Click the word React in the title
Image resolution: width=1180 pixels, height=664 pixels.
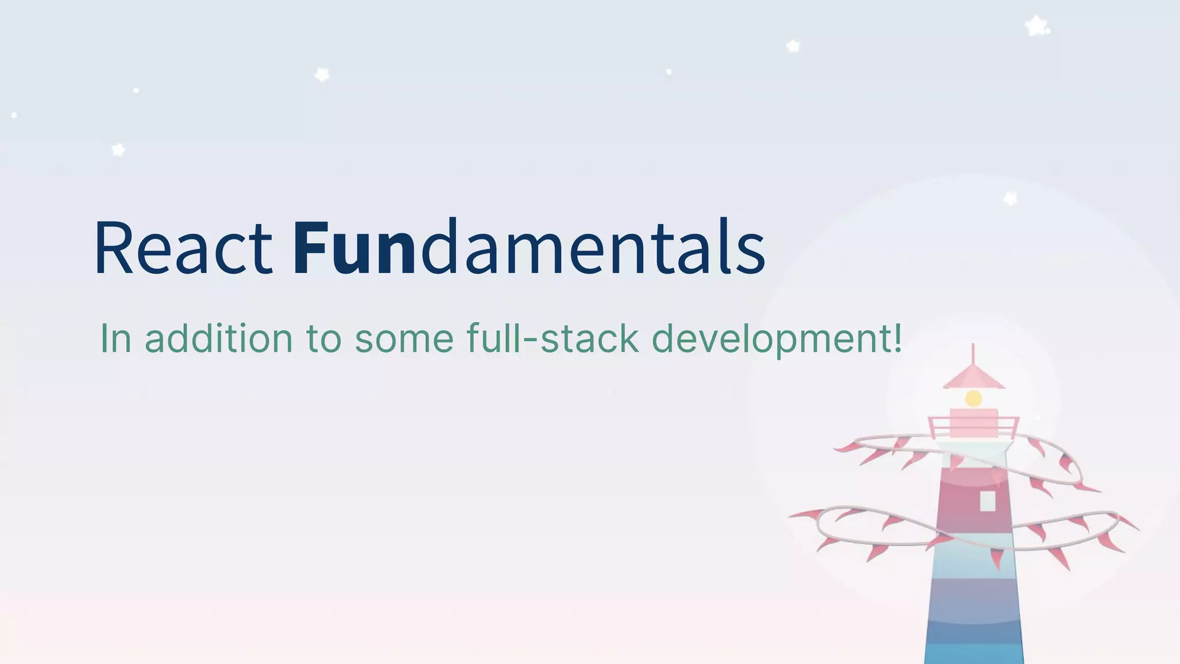click(x=183, y=248)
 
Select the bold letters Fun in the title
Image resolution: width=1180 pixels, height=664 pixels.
click(x=353, y=248)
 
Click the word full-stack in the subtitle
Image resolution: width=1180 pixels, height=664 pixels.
click(x=553, y=338)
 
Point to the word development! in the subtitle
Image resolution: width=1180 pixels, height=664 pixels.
click(x=776, y=339)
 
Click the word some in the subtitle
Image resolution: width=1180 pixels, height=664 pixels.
click(x=404, y=338)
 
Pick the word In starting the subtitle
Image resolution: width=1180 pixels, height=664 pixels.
click(x=115, y=338)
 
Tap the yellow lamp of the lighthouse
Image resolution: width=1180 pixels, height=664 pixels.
click(x=973, y=398)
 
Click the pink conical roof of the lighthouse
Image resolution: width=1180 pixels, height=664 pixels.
click(x=973, y=378)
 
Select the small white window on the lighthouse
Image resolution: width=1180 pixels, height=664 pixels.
click(x=988, y=500)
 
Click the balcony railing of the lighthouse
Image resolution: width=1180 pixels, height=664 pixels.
click(x=973, y=428)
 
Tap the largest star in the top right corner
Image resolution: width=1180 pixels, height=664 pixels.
click(x=1036, y=26)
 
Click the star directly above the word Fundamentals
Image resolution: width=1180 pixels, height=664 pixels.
click(x=322, y=74)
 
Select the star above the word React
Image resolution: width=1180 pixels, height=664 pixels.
click(x=118, y=150)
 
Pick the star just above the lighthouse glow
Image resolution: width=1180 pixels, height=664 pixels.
click(x=1010, y=198)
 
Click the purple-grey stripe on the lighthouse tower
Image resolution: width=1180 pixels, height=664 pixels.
click(x=973, y=599)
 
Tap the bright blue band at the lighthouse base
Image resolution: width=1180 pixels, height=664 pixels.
click(x=973, y=654)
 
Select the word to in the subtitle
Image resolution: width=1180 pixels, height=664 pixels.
click(x=323, y=338)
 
